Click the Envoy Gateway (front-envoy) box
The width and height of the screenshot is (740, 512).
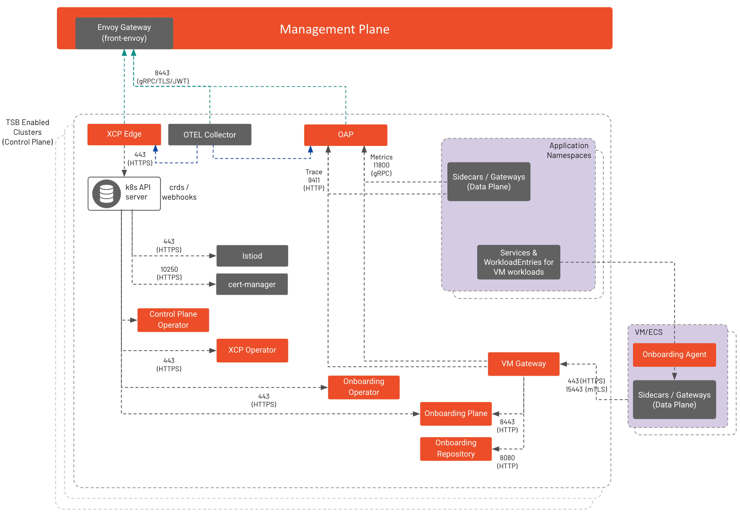click(124, 33)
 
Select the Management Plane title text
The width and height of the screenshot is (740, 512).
click(334, 29)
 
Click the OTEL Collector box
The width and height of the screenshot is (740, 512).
click(210, 135)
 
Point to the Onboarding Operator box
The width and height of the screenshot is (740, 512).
click(364, 387)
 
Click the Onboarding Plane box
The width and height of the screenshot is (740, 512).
click(456, 413)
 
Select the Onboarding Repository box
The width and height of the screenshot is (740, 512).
click(456, 448)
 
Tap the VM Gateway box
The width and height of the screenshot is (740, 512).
click(523, 364)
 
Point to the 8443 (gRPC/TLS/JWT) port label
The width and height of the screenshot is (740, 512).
click(163, 77)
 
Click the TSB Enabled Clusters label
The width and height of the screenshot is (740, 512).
click(28, 132)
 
